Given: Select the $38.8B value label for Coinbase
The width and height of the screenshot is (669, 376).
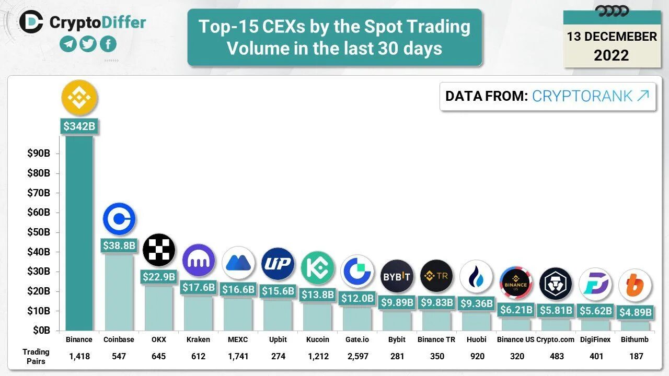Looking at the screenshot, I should (119, 245).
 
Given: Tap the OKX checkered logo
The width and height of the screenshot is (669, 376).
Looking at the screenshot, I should (159, 250).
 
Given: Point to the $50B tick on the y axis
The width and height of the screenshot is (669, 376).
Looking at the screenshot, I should (39, 232).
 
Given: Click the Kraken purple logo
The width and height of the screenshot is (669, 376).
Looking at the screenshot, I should (199, 260).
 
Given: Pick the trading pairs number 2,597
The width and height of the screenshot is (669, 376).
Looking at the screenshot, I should (357, 356).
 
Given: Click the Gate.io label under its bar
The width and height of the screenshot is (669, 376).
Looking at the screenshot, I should (357, 339).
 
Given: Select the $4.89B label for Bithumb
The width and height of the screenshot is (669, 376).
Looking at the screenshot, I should (635, 312).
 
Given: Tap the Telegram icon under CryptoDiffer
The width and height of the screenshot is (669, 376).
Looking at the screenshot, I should (68, 44).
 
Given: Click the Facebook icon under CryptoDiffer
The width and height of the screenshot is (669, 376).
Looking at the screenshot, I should (108, 44).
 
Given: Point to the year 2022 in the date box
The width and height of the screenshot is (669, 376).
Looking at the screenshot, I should (612, 55).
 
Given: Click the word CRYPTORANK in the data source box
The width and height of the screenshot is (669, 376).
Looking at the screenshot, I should (582, 96).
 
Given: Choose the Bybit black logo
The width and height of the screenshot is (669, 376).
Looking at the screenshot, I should (397, 276).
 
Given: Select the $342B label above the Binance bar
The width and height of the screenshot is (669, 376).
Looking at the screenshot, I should (79, 126).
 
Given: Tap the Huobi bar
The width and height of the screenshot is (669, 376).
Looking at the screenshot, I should (477, 321).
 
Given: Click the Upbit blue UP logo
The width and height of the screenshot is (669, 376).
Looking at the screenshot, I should (278, 264).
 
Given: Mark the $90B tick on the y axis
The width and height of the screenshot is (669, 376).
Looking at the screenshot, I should (39, 154).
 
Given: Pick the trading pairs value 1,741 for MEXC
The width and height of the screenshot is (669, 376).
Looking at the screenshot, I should (238, 356).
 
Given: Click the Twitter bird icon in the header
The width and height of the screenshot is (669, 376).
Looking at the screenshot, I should (88, 44).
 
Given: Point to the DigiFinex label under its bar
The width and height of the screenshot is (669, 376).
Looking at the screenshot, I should (595, 339).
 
